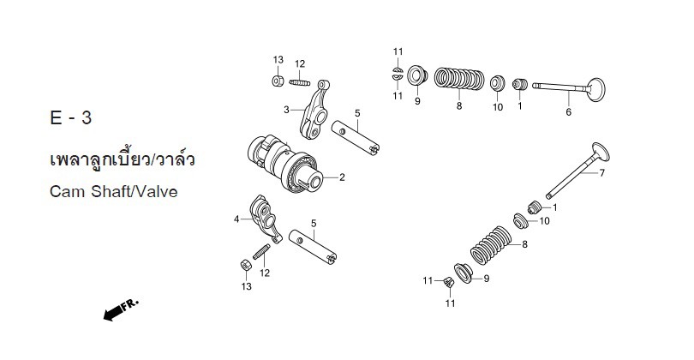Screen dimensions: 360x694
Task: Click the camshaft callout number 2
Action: tap(341, 178)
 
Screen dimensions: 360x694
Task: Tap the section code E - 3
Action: tap(70, 119)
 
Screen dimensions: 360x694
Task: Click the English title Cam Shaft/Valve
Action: tap(113, 192)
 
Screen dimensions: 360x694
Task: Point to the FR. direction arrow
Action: tap(119, 310)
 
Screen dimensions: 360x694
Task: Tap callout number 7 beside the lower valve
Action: tap(601, 174)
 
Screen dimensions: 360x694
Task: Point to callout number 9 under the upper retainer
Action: tap(417, 101)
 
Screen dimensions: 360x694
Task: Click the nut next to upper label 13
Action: tap(278, 81)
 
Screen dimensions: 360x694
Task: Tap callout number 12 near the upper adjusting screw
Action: tap(300, 63)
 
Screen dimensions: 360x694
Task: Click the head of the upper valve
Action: tap(595, 87)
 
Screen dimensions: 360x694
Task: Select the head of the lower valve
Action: tap(600, 153)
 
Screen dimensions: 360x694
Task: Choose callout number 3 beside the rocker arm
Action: tap(288, 110)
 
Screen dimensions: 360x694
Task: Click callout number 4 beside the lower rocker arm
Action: tap(236, 219)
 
